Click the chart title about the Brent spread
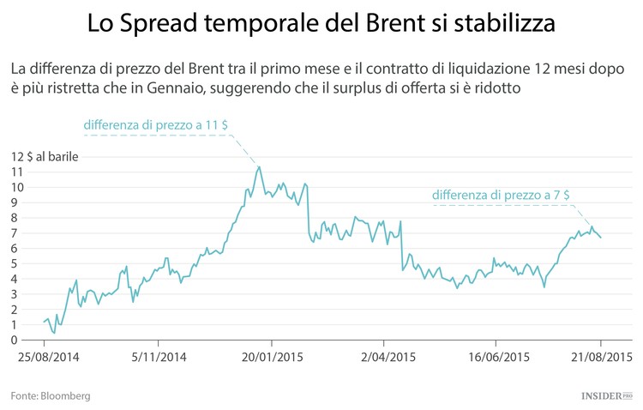click(321, 24)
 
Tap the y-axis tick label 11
click(17, 172)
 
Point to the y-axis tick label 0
click(17, 340)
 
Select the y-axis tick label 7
click(17, 233)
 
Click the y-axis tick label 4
click(17, 279)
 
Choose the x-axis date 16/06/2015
click(495, 357)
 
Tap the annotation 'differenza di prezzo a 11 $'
click(155, 125)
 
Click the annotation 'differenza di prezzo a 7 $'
click(502, 196)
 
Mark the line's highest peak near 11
click(259, 167)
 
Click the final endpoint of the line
click(601, 238)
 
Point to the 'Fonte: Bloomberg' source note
click(51, 396)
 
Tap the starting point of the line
click(43, 323)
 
